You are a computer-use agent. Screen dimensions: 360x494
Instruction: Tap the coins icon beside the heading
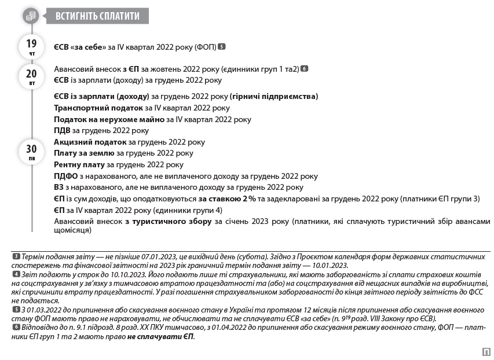pyautogui.click(x=31, y=16)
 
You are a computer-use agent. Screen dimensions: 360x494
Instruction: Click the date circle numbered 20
pyautogui.click(x=31, y=75)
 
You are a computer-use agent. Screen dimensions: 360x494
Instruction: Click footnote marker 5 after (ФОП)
pyautogui.click(x=222, y=46)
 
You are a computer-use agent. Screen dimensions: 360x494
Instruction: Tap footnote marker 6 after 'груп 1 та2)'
pyautogui.click(x=305, y=69)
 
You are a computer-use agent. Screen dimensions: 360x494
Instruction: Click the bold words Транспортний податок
pyautogui.click(x=98, y=108)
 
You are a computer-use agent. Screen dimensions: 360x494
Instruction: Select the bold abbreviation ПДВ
pyautogui.click(x=63, y=130)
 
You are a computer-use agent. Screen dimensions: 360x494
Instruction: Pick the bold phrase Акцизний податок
pyautogui.click(x=90, y=142)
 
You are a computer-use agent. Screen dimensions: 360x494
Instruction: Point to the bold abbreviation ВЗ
pyautogui.click(x=59, y=187)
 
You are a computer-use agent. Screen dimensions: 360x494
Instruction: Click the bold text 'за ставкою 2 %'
pyautogui.click(x=227, y=199)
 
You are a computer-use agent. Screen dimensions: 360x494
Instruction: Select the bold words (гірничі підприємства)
pyautogui.click(x=274, y=96)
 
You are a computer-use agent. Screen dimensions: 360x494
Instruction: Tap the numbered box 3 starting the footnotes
pyautogui.click(x=16, y=256)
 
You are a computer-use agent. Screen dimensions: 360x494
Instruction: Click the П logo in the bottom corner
pyautogui.click(x=485, y=351)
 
